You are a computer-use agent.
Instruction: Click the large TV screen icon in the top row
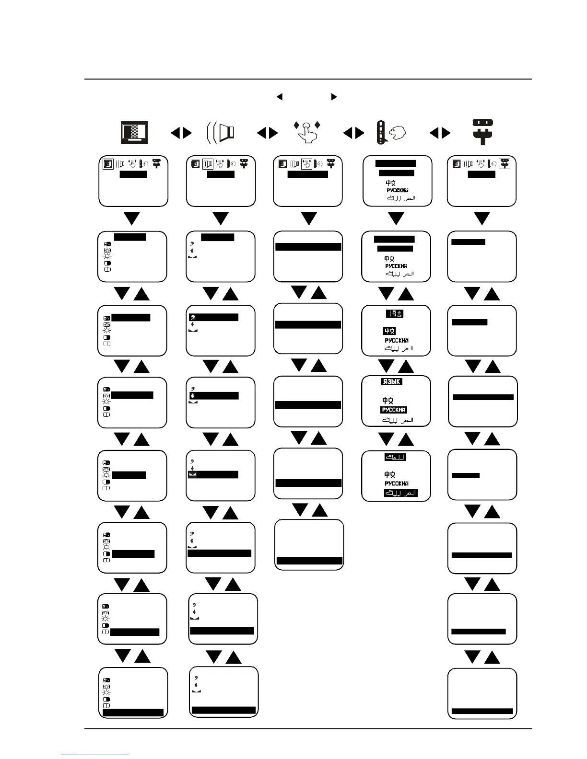[x=134, y=133]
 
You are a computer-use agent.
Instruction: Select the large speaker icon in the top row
[x=221, y=133]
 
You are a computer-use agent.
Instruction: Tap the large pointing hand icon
[x=306, y=132]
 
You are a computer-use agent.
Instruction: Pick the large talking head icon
[x=391, y=133]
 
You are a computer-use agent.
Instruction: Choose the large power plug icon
[x=482, y=132]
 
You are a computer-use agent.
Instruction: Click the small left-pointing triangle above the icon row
[x=279, y=97]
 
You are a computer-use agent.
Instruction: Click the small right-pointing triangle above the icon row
[x=334, y=97]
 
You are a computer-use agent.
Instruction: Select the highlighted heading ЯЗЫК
[x=391, y=382]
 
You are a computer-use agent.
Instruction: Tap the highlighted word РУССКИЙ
[x=394, y=410]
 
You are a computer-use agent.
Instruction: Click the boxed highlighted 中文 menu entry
[x=389, y=331]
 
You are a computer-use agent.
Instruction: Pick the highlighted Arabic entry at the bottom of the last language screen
[x=400, y=493]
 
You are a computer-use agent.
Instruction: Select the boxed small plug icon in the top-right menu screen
[x=504, y=164]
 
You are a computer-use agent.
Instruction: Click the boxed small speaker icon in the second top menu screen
[x=208, y=164]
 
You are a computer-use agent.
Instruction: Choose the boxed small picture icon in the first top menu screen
[x=108, y=164]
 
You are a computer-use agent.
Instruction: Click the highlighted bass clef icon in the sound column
[x=192, y=317]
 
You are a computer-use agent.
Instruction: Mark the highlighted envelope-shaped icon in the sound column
[x=192, y=474]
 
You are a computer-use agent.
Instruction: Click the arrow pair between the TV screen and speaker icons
[x=181, y=133]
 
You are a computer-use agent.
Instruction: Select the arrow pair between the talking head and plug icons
[x=440, y=133]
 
